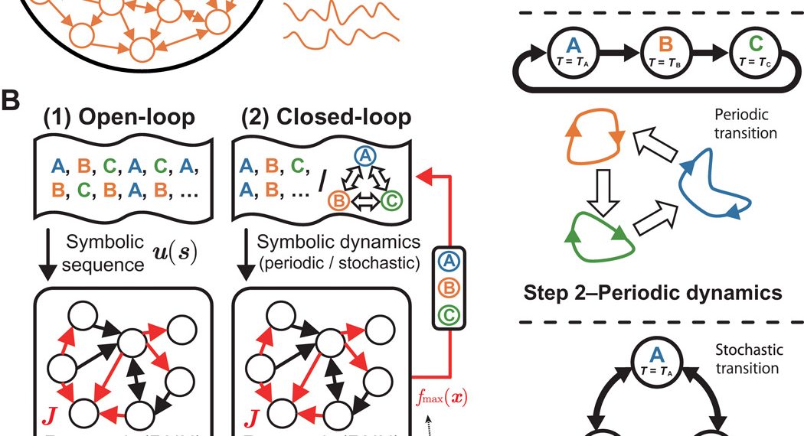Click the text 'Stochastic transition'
749,358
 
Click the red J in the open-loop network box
44,418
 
